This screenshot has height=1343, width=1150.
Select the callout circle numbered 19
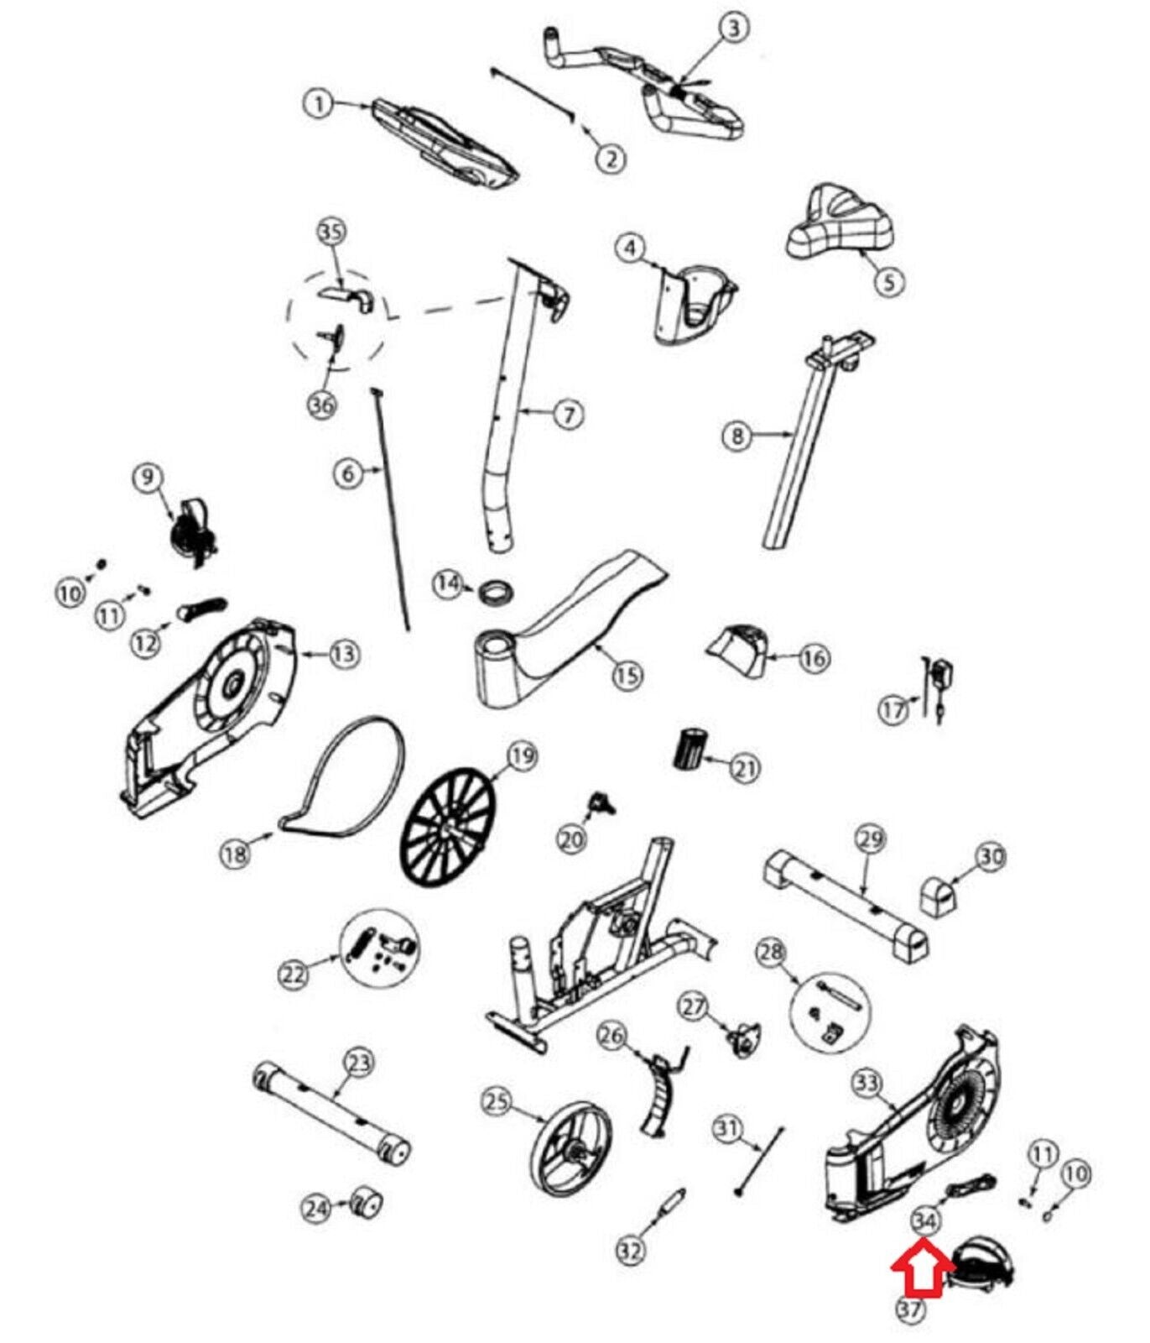[x=521, y=757]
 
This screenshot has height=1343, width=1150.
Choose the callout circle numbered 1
[x=318, y=105]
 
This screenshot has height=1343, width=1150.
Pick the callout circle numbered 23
[x=358, y=1064]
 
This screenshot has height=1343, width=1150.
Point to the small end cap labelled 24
[x=366, y=1204]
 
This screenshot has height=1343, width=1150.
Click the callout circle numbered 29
[x=871, y=839]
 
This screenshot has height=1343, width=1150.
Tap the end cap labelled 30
[x=936, y=897]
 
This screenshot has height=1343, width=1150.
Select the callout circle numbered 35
[x=332, y=232]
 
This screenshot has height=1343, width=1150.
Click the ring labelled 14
[x=494, y=592]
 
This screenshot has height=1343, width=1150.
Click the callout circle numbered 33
[x=866, y=1084]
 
